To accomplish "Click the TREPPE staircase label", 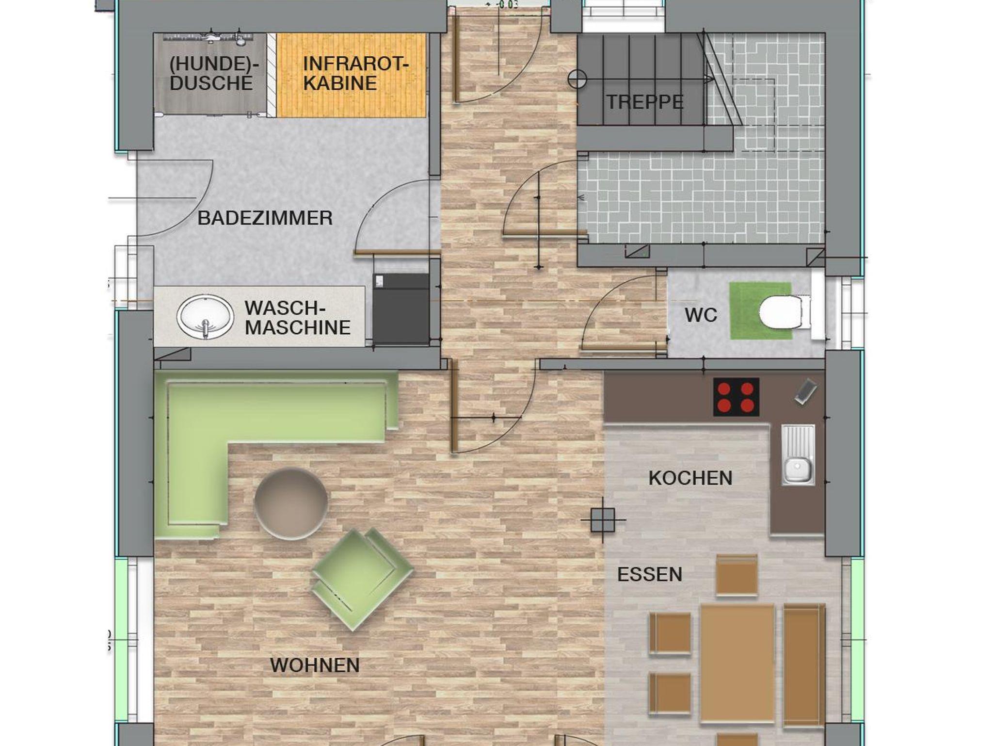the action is pos(645,102).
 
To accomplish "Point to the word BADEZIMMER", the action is pos(265,218).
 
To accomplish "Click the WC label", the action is pos(701,315).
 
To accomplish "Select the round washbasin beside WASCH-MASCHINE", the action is pos(205,316).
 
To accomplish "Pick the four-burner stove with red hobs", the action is pos(736,397).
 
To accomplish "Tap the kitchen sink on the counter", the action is pos(798,455).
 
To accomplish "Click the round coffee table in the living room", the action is pos(291,503).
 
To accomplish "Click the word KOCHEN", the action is pos(690,478).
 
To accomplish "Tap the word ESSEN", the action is pos(650,575).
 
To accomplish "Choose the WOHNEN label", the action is pos(315,665).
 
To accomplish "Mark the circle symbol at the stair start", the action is pos(577,79).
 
